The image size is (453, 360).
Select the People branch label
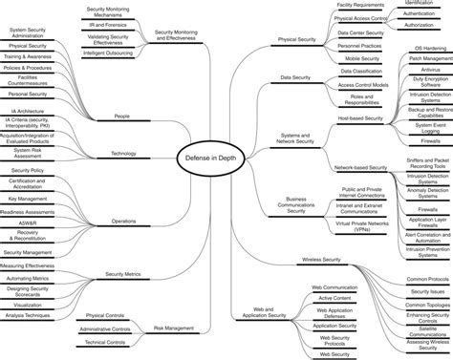pyautogui.click(x=121, y=116)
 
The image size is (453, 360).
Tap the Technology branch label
pyautogui.click(x=123, y=153)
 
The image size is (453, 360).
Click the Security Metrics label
pyautogui.click(x=122, y=273)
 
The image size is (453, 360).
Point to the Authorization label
pyautogui.click(x=418, y=25)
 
